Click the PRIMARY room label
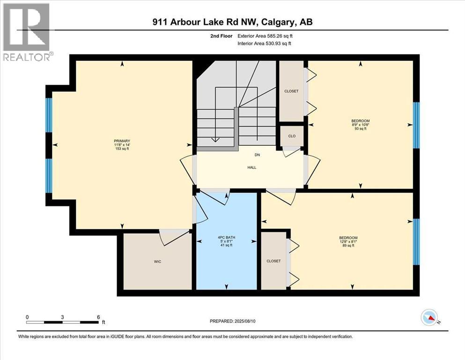pos(121,141)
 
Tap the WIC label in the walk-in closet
pos(157,262)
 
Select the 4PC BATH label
pos(227,237)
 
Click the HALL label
pos(252,167)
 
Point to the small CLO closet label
pos(291,136)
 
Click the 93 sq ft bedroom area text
pos(360,129)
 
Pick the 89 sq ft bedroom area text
pos(348,246)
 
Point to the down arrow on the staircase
pos(215,139)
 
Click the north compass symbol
pos(429,318)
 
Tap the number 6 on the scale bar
pos(98,317)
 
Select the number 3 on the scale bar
pos(62,317)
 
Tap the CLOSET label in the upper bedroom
pos(291,91)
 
